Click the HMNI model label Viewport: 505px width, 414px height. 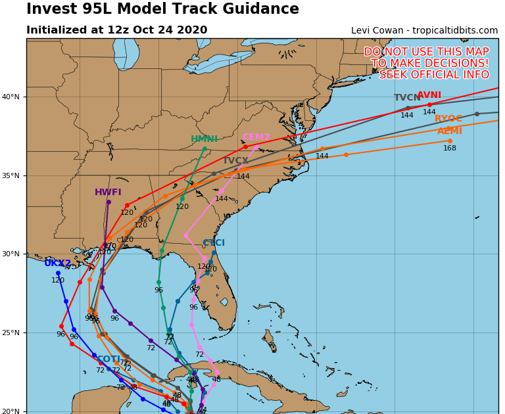click(204, 139)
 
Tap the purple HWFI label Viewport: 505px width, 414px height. click(108, 193)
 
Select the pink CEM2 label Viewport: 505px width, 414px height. click(256, 137)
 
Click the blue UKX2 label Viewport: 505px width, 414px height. click(58, 264)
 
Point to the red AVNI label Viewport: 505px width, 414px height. click(429, 95)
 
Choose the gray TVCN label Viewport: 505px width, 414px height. click(407, 98)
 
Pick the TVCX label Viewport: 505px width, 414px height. click(235, 161)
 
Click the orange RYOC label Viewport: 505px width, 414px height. click(448, 119)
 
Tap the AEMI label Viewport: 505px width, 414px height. click(450, 131)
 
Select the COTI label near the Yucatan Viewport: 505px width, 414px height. click(108, 359)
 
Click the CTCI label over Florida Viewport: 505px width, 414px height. click(214, 243)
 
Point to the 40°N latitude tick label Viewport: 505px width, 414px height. click(11, 97)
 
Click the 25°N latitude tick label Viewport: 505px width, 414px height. click(11, 333)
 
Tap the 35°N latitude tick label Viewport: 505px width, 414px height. click(11, 176)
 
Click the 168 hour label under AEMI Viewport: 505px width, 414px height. click(450, 149)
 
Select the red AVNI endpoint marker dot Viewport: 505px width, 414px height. click(429, 104)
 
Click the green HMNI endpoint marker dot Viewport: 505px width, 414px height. click(204, 149)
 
